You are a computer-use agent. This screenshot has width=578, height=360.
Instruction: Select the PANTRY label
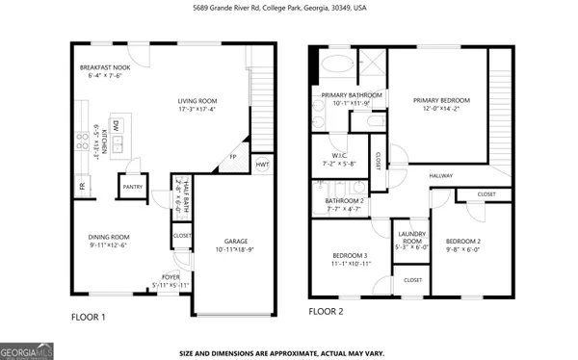(131, 187)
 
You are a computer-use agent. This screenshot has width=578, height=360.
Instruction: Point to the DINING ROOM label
(109, 237)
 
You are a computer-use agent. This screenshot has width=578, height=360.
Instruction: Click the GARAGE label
(236, 241)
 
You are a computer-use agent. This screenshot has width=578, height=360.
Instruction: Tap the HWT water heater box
(263, 165)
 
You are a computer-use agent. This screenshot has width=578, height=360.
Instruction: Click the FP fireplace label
(232, 157)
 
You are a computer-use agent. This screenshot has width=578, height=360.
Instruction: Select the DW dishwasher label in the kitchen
(116, 126)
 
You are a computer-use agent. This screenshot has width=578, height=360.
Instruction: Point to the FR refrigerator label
(81, 187)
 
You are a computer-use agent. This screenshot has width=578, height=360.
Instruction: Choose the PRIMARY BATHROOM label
(352, 94)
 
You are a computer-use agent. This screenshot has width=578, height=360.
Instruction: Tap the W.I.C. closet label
(339, 154)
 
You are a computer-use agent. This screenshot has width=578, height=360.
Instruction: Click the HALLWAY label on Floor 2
(441, 175)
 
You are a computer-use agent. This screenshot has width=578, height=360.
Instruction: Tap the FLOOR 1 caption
(89, 317)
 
